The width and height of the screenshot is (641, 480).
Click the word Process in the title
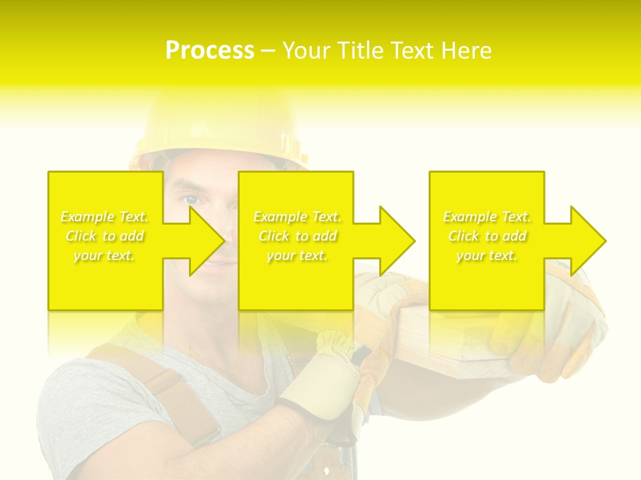click(x=210, y=51)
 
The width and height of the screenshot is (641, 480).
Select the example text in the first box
click(x=105, y=236)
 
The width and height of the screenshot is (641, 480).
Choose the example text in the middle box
click(x=297, y=236)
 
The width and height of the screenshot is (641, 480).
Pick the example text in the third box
click(x=487, y=236)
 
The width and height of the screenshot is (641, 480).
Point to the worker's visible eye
click(x=192, y=199)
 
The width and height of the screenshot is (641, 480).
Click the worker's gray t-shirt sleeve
click(x=73, y=413)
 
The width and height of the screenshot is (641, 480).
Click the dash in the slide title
click(x=268, y=51)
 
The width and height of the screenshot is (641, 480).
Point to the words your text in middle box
click(x=297, y=255)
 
